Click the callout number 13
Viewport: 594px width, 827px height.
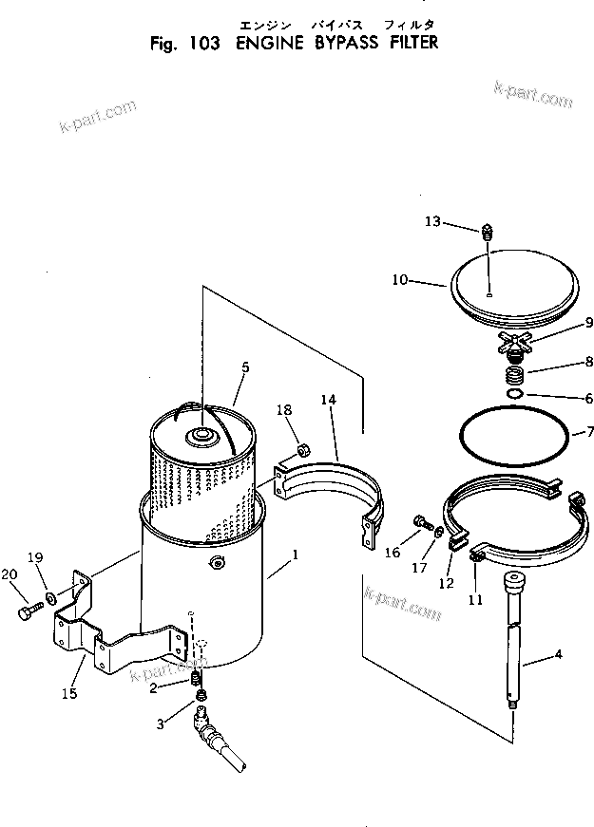tap(431, 221)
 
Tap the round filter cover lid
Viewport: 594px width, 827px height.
tap(513, 285)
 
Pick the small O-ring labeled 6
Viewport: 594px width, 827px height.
tap(515, 396)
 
